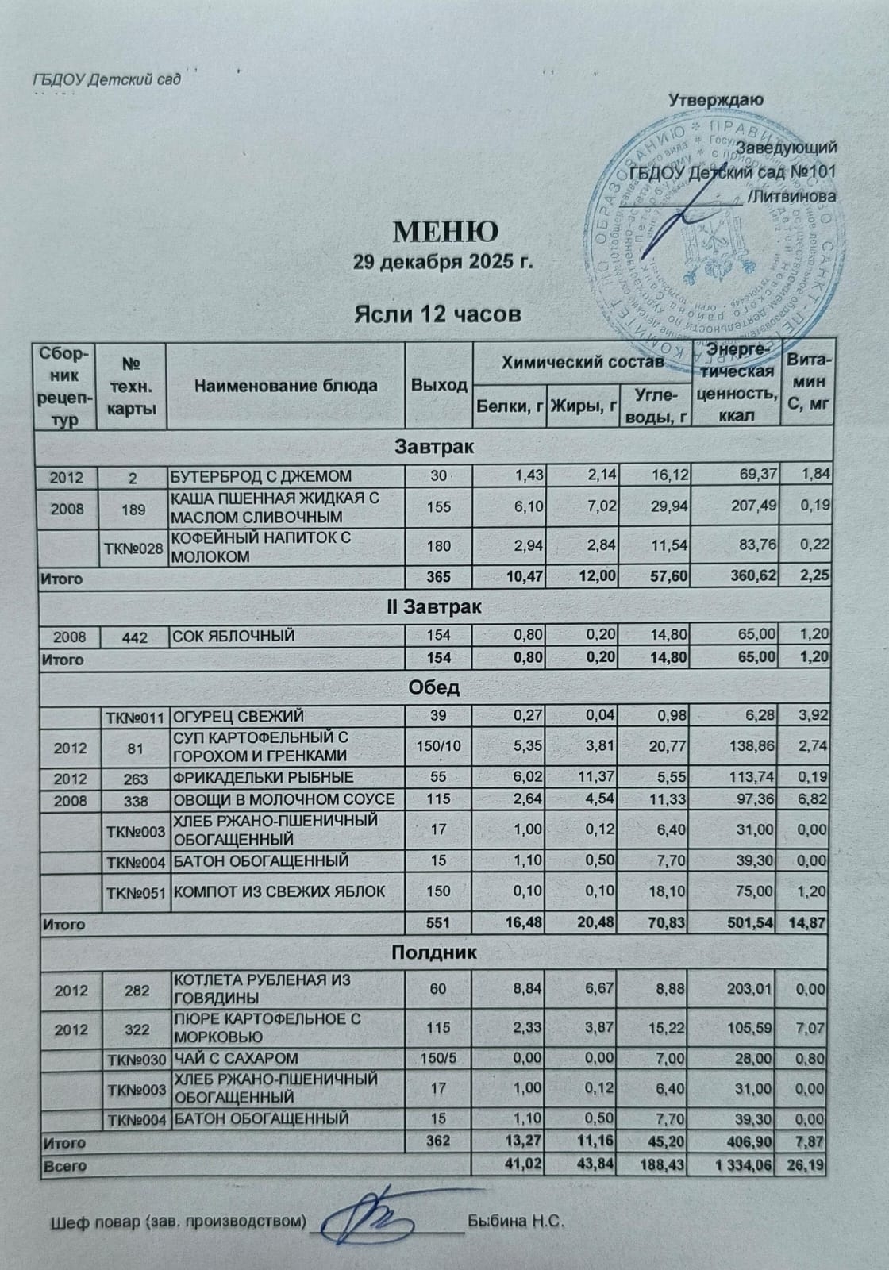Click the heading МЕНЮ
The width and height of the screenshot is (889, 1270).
click(446, 231)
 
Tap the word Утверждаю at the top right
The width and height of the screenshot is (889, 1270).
click(716, 101)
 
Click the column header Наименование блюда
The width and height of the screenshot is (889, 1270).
click(286, 386)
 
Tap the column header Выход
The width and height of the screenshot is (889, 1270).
click(439, 386)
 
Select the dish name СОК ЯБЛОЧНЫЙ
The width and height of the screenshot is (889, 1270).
click(234, 635)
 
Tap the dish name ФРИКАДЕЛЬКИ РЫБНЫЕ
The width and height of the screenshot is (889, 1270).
click(264, 777)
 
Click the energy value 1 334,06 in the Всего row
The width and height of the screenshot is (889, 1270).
click(741, 1167)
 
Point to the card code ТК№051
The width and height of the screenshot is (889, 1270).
click(137, 891)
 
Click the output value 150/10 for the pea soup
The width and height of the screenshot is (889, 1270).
click(439, 747)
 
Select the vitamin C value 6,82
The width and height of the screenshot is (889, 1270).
click(811, 799)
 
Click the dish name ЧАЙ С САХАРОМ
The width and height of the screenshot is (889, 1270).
click(236, 1058)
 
